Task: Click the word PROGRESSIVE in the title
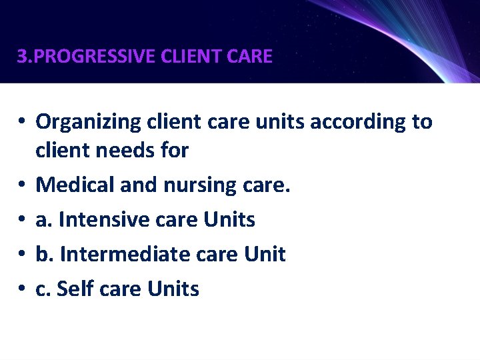point(94,57)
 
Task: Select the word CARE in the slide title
point(250,57)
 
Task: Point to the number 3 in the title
point(21,57)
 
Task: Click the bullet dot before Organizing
point(22,123)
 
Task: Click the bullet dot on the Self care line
point(22,289)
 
